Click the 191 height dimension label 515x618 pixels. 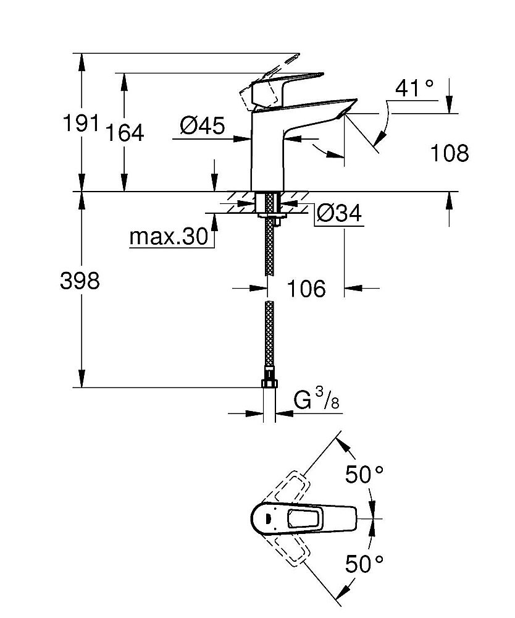81,124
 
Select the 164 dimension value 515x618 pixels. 124,132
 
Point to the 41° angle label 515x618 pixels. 414,88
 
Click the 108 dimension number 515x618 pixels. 449,153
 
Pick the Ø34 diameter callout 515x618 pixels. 338,214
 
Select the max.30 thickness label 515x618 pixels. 169,237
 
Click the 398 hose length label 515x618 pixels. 80,281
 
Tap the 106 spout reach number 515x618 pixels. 306,288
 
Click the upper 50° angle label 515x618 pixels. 364,475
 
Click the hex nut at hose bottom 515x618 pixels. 269,383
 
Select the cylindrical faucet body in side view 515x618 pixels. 267,154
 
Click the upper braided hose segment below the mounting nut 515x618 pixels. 269,247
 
